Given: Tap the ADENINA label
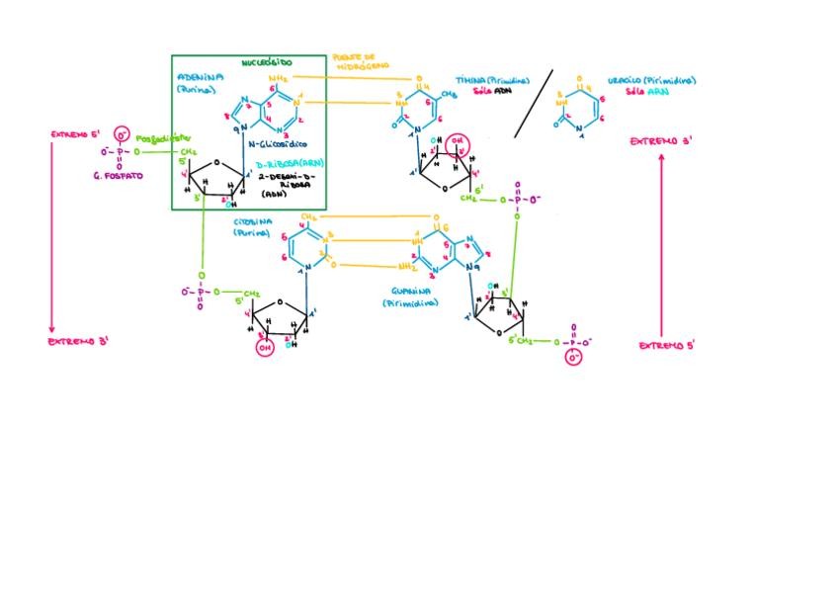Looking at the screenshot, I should [201, 76].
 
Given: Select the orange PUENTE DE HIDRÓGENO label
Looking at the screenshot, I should [353, 61].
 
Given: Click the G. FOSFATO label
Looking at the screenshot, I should [125, 175].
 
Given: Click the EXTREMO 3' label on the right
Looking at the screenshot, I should [660, 142].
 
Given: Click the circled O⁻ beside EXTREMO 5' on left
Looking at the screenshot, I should [122, 134].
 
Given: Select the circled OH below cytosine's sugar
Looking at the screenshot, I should [265, 348].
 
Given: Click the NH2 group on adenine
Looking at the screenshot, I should [279, 77].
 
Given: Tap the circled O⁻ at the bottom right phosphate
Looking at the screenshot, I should [573, 358].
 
